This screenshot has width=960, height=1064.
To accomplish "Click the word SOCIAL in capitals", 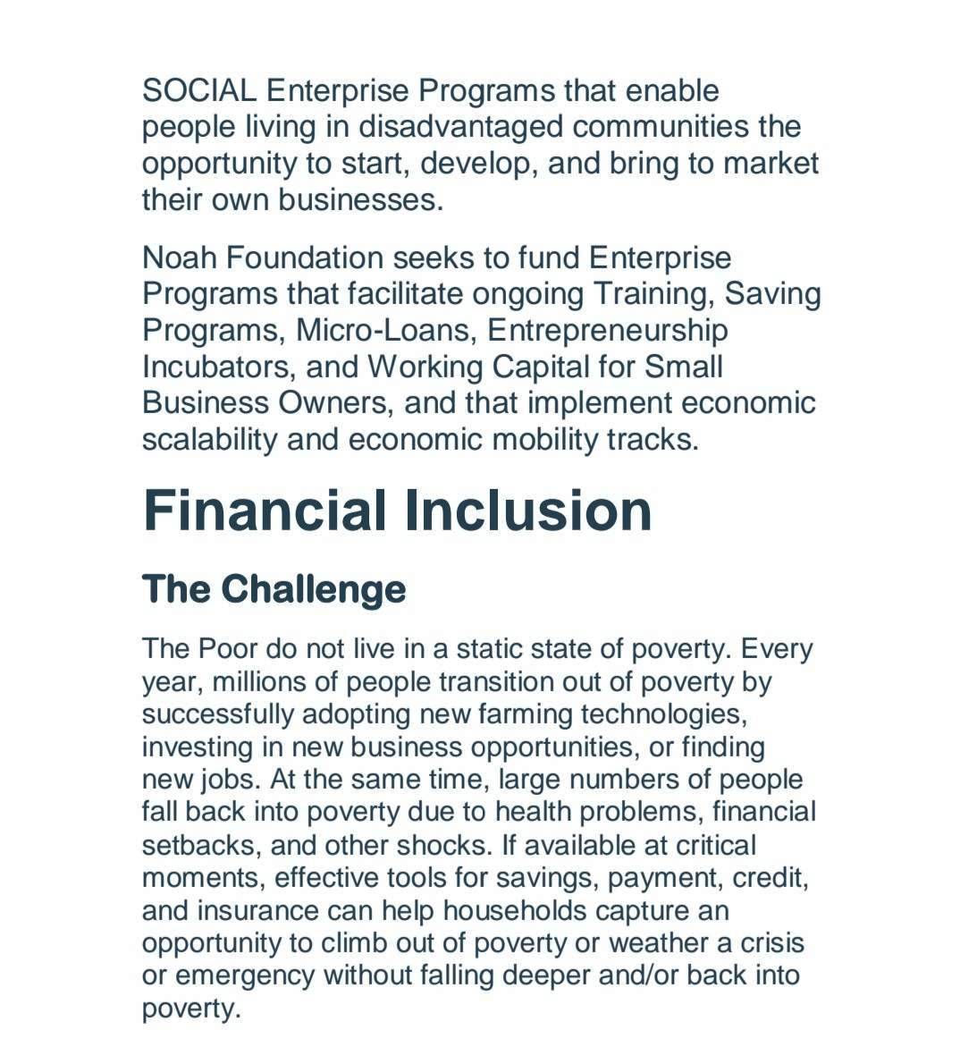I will [x=199, y=90].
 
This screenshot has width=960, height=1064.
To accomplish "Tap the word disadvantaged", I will [x=461, y=127].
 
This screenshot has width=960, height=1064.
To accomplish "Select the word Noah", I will [x=179, y=258].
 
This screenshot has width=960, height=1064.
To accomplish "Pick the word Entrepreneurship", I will [x=608, y=330].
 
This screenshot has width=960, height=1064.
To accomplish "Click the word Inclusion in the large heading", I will [x=528, y=510].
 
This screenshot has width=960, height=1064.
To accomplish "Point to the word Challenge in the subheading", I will [x=313, y=588].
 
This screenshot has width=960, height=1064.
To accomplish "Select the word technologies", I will [x=661, y=714].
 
